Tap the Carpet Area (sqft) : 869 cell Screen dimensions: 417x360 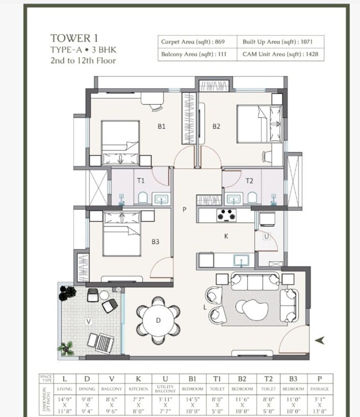193,42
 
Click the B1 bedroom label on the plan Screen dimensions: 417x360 162,126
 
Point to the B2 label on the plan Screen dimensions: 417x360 216,126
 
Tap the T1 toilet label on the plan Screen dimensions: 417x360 141,181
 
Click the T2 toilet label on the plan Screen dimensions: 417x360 249,181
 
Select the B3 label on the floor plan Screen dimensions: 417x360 155,241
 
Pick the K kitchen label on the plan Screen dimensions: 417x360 226,237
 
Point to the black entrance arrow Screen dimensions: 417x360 319,341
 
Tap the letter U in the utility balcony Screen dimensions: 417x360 266,237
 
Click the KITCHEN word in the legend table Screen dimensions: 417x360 138,389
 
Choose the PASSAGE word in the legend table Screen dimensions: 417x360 319,389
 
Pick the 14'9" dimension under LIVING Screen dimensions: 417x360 64,400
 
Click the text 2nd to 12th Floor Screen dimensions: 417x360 83,61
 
